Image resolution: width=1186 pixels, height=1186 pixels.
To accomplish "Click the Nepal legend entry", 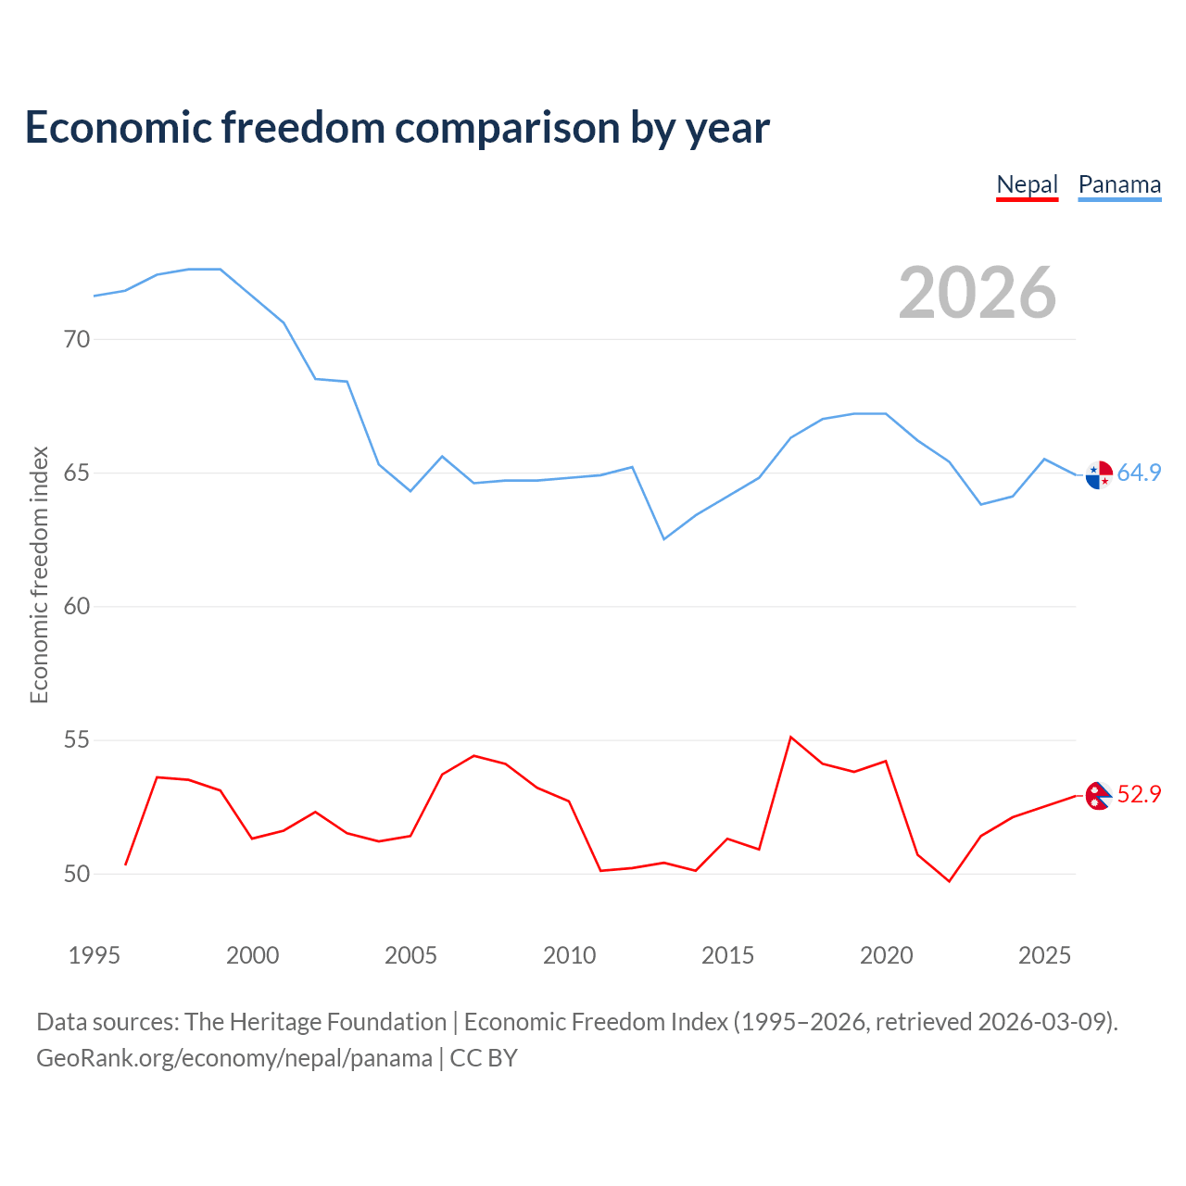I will [1027, 184].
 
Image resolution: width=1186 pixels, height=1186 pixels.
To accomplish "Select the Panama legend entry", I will [1119, 184].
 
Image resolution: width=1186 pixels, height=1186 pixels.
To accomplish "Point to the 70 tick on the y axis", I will [77, 339].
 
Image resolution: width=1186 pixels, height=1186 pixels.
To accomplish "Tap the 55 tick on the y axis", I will [77, 740].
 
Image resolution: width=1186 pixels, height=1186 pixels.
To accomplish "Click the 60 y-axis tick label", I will [77, 607].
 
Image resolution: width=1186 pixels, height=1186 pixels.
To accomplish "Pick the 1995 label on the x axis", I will [94, 955].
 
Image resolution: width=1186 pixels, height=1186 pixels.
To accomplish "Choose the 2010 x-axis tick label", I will [569, 955].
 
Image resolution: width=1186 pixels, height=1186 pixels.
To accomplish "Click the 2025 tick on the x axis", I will [1044, 955].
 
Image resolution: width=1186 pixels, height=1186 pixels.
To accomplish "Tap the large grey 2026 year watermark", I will [977, 293].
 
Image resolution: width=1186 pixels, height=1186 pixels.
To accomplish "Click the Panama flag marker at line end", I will [1099, 474].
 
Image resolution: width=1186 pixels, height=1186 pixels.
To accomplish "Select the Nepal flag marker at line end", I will [1099, 795].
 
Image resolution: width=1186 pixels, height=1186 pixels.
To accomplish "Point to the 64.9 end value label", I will [1139, 473].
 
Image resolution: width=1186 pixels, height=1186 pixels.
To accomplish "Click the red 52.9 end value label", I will [1139, 794].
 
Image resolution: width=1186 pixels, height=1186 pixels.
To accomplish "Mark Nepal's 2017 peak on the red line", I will [790, 738].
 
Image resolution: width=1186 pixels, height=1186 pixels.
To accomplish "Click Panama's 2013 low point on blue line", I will [663, 538].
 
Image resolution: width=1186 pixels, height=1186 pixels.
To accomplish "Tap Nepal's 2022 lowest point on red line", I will [949, 880].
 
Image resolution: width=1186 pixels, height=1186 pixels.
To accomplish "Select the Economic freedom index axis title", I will [39, 574].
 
